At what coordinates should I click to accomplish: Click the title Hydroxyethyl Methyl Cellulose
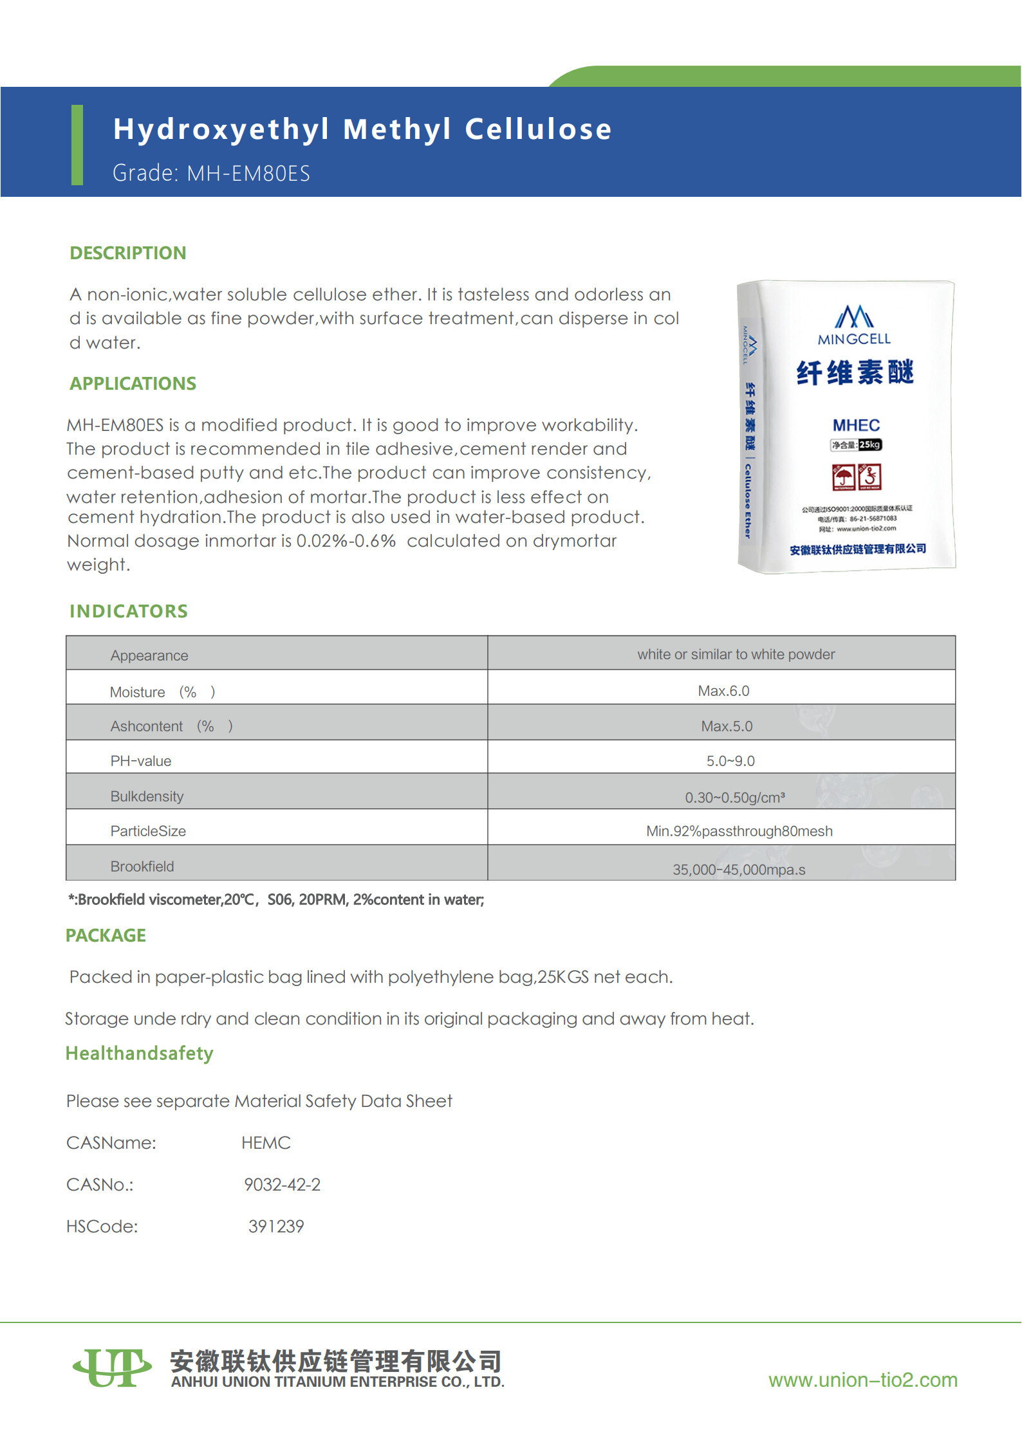(x=362, y=129)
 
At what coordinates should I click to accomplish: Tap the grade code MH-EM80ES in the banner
(x=248, y=174)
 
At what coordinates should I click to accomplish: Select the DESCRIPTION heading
(x=127, y=253)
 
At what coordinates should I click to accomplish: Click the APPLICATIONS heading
(x=133, y=383)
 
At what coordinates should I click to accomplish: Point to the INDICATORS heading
(x=128, y=611)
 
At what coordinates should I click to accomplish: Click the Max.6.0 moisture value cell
(x=723, y=691)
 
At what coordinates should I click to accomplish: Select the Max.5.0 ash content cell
(x=727, y=726)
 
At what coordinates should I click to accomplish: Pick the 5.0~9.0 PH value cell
(x=730, y=761)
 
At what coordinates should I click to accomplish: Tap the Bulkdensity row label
(x=147, y=796)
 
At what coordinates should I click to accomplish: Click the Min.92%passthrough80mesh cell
(x=739, y=831)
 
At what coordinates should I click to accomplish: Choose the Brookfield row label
(x=142, y=866)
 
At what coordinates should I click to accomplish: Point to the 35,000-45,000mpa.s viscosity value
(x=738, y=870)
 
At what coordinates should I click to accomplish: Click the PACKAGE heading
(x=106, y=935)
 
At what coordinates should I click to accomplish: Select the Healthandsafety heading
(x=139, y=1054)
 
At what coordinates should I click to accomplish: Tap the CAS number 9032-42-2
(x=282, y=1185)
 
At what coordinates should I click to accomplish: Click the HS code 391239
(x=275, y=1227)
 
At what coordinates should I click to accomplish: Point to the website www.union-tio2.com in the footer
(x=862, y=1380)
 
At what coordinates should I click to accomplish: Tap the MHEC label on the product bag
(x=855, y=425)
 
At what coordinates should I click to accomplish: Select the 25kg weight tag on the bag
(x=869, y=444)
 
